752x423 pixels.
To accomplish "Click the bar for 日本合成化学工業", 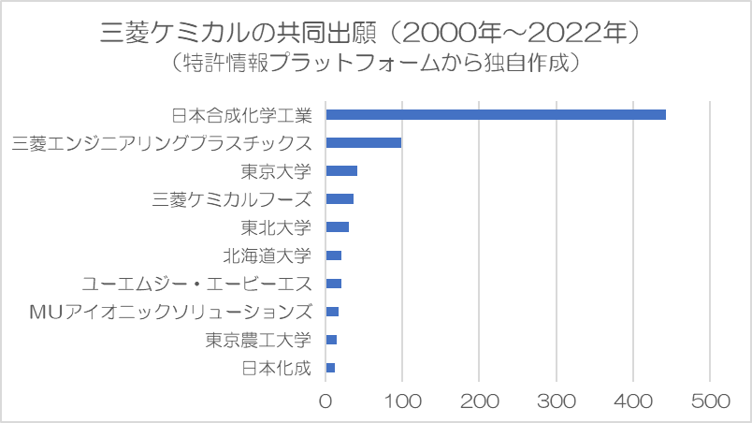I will [496, 114].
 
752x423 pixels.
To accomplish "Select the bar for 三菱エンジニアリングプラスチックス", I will [364, 142].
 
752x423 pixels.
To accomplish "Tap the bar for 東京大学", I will [341, 170].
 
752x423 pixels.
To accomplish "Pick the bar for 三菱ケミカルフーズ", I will [340, 198].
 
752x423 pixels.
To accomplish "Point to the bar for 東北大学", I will [338, 226].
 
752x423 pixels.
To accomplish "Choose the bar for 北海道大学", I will [334, 255].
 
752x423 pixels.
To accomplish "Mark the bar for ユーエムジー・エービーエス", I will [334, 284].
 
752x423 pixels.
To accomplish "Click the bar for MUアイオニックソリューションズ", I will [332, 312].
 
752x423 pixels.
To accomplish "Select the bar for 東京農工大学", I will [331, 340].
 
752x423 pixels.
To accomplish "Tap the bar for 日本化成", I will [330, 368].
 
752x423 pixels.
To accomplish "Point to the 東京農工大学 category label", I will [257, 340].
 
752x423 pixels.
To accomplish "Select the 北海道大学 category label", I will [267, 255].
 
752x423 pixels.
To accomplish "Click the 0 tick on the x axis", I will [325, 401].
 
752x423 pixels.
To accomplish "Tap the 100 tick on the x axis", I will [402, 401].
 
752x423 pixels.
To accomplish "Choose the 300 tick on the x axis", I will [557, 401].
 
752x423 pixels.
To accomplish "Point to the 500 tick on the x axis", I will [710, 401].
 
